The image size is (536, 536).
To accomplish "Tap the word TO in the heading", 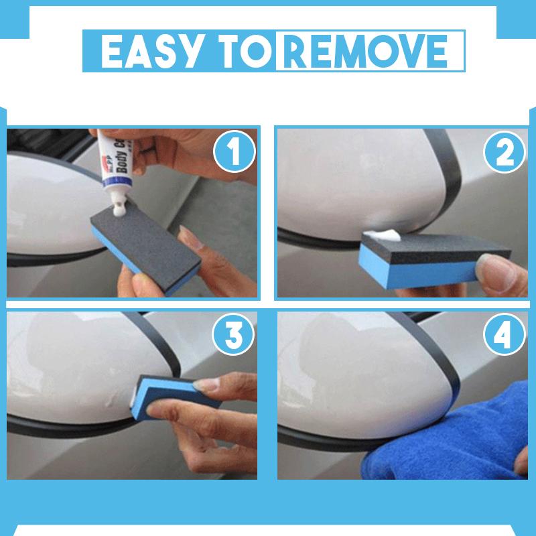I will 244,49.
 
